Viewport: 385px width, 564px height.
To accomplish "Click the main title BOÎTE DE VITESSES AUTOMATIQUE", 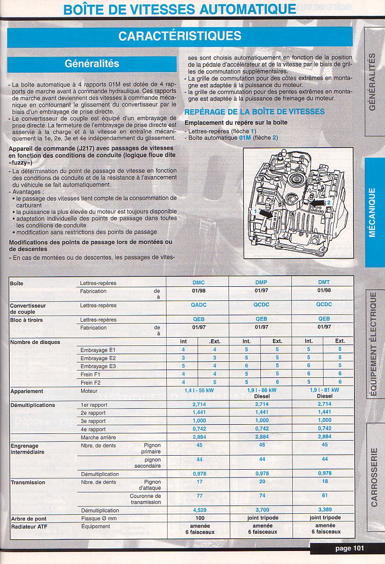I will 180,9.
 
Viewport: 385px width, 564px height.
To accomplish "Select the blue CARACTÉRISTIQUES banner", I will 180,35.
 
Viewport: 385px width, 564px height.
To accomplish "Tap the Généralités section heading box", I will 92,64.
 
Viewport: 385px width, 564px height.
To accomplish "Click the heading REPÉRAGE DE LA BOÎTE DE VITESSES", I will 255,112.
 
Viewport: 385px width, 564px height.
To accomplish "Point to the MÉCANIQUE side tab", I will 372,212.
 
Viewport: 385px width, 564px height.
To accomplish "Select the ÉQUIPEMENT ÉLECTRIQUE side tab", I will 373,344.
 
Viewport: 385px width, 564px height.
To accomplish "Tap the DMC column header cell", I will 198,282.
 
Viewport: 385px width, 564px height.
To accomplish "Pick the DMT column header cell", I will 324,282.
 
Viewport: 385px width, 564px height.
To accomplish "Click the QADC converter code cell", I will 198,305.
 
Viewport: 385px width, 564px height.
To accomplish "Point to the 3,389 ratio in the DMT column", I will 325,510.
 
